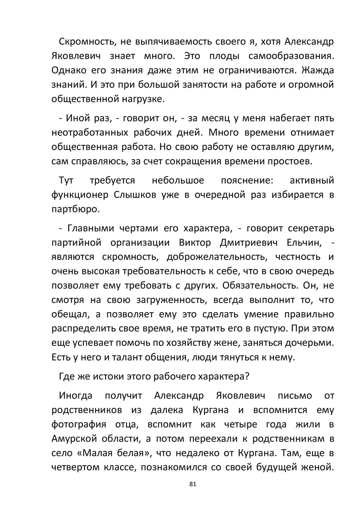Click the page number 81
pos(192,484)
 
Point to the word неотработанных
pos(90,133)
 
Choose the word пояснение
pos(247,180)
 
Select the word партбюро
pos(76,209)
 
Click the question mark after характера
pos(247,376)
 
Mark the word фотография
pos(79,424)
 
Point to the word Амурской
pos(74,439)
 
